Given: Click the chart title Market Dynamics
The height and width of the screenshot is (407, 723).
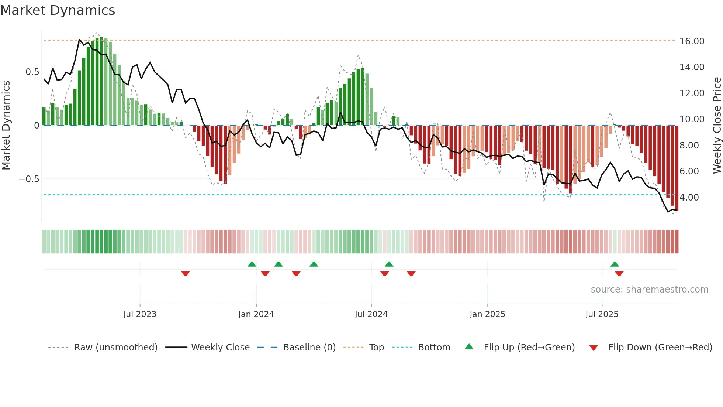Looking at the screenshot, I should coord(58,10).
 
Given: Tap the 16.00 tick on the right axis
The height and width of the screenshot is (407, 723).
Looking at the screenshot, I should coord(692,41).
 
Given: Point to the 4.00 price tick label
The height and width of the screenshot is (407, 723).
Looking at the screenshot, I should coord(689,198).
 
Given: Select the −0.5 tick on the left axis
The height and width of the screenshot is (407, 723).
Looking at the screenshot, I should coord(29,179).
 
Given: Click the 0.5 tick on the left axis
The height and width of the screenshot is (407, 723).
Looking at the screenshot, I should coord(32,72).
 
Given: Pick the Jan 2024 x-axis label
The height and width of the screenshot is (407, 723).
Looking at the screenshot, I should coord(256,314).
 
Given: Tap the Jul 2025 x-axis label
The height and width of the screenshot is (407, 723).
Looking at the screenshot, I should coord(602,314).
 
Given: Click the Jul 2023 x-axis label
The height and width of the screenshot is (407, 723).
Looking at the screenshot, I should coord(140,314).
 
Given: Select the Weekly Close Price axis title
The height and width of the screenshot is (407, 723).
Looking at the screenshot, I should coord(717,126).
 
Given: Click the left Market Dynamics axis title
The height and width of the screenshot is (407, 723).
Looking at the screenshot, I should coord(6,126).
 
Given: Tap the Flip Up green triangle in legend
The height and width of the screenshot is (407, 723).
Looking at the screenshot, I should coord(469,347).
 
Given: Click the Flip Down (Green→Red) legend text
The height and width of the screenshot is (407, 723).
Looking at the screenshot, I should coord(660,348).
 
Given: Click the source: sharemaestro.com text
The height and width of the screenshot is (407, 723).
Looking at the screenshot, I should coord(649,290).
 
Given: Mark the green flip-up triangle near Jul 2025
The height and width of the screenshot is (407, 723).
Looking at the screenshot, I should coord(615,264).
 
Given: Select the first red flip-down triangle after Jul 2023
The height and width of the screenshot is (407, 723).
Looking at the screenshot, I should coord(186,274).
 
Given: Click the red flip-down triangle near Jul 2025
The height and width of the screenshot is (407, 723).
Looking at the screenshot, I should coord(619,274).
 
